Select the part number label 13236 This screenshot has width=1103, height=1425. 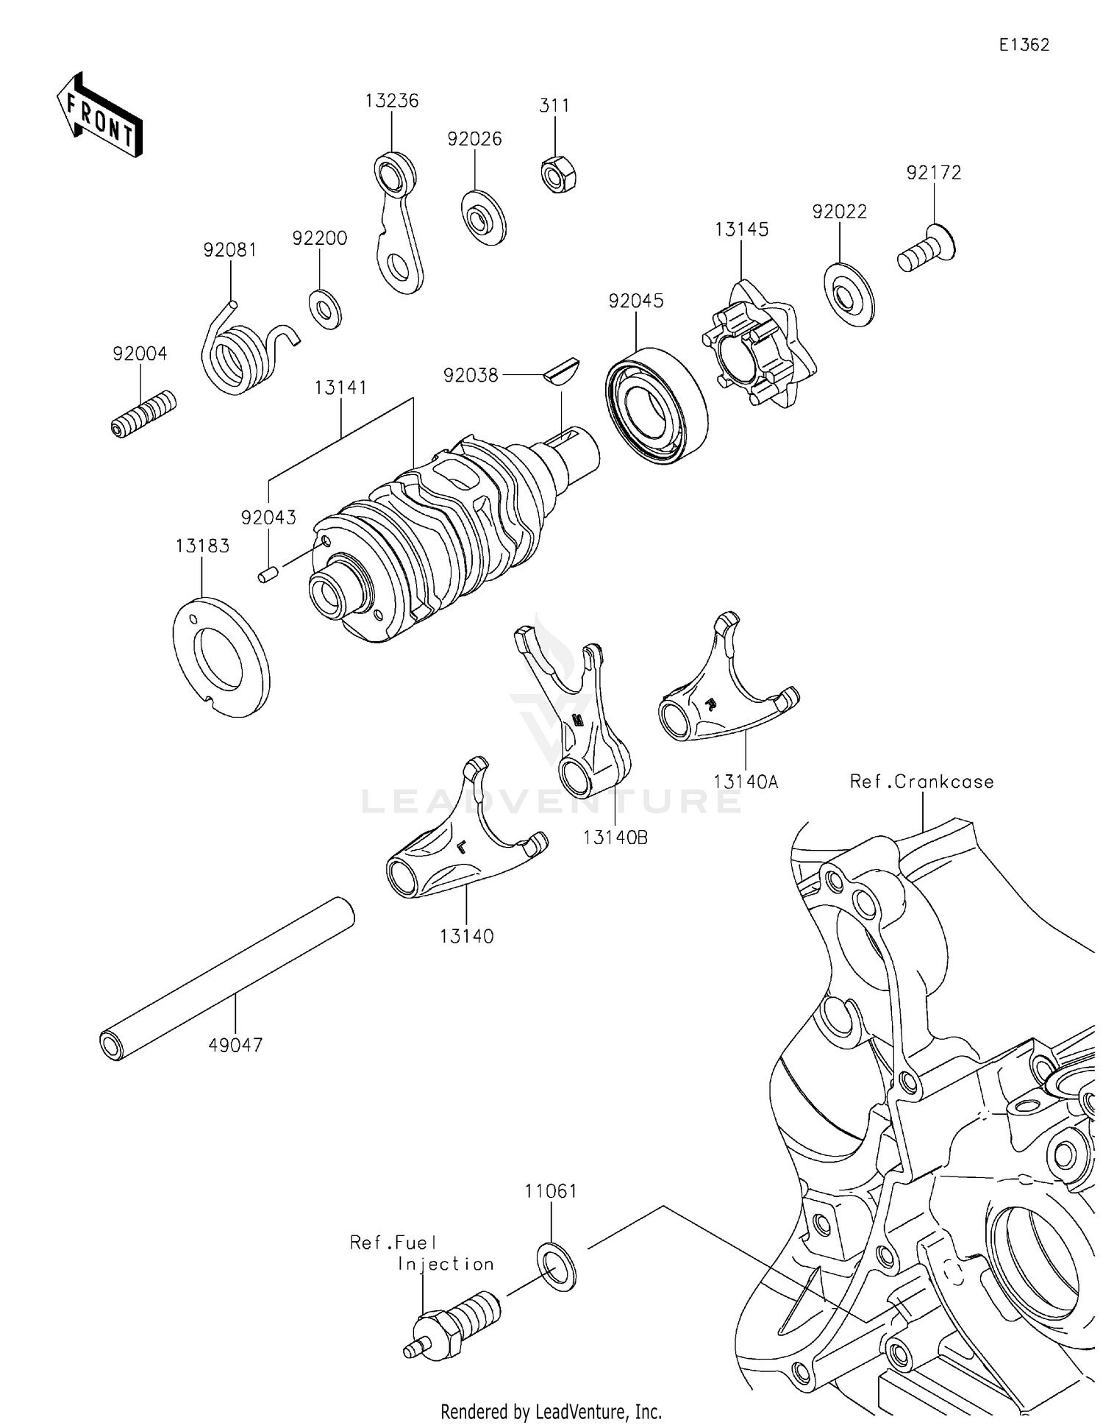[x=392, y=101]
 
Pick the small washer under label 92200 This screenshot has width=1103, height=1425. [x=324, y=309]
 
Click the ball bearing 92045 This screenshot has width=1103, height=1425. [x=657, y=406]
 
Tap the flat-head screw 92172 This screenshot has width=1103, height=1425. [x=926, y=251]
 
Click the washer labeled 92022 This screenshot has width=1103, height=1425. [x=850, y=293]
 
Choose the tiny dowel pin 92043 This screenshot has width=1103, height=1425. [x=267, y=574]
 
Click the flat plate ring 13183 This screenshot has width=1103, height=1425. [x=221, y=656]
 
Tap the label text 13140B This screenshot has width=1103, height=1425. [x=615, y=838]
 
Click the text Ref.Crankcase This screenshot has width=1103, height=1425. [x=921, y=782]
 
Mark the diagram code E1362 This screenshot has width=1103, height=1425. [x=1024, y=45]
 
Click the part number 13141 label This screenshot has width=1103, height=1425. [x=340, y=387]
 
